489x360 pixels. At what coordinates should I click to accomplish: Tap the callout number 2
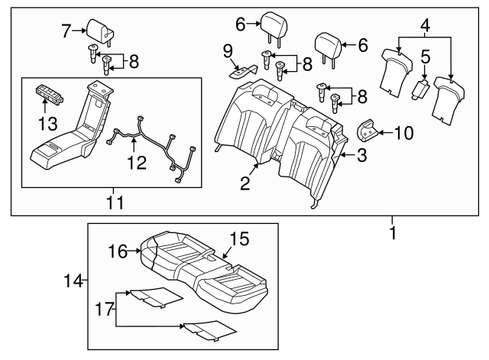click(x=245, y=183)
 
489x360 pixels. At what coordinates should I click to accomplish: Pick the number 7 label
click(x=67, y=31)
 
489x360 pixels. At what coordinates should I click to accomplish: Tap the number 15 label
click(x=239, y=239)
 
